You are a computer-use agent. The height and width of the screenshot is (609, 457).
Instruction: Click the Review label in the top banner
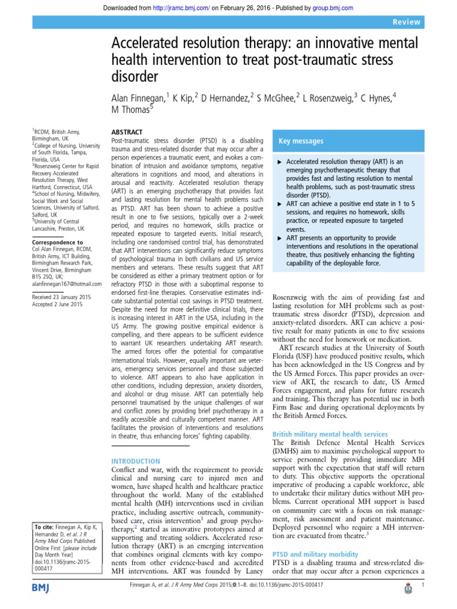(x=406, y=22)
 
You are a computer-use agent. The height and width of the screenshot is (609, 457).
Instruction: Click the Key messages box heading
(x=301, y=142)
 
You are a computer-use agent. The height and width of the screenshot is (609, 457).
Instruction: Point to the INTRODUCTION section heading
(x=136, y=461)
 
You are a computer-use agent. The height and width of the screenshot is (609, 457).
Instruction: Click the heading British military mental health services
(x=330, y=435)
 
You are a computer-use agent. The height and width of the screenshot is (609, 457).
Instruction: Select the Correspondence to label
(x=57, y=243)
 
